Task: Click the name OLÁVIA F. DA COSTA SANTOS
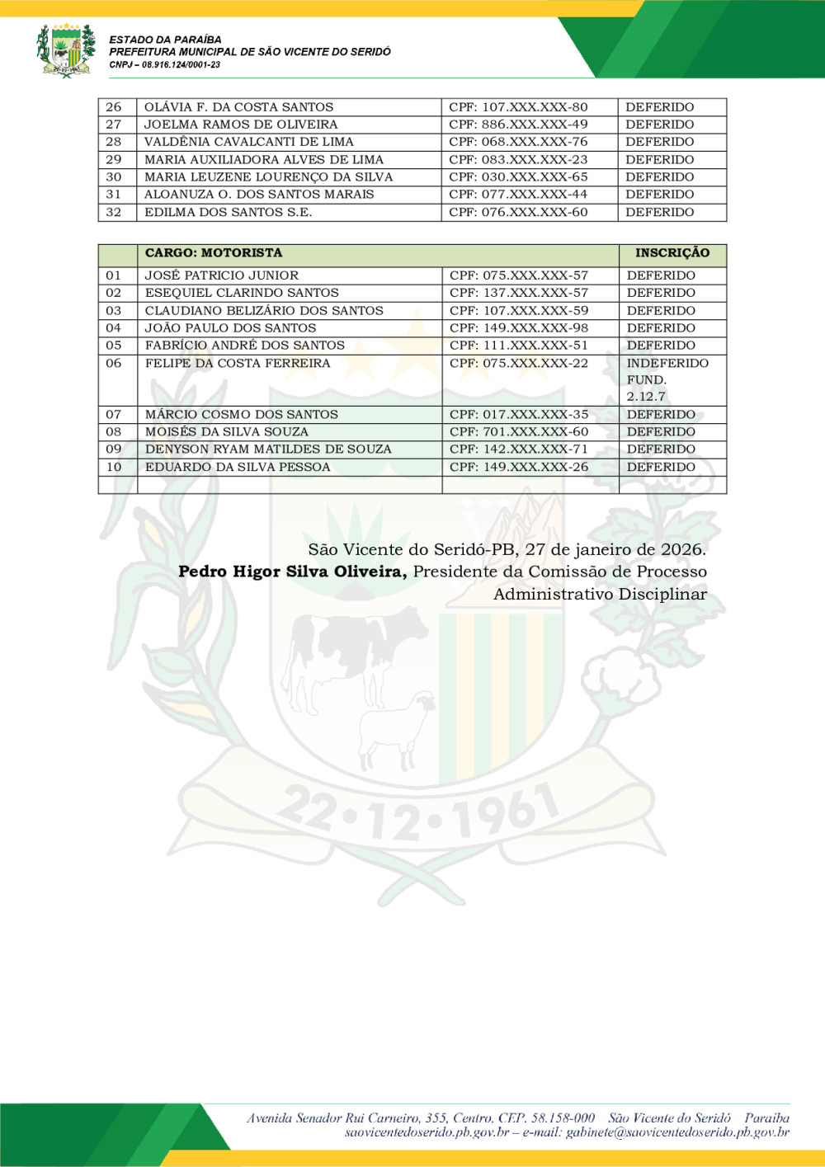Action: pyautogui.click(x=238, y=107)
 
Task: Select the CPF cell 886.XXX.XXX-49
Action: pyautogui.click(x=518, y=125)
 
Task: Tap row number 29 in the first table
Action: pyautogui.click(x=114, y=160)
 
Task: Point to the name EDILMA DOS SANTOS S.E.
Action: pyautogui.click(x=228, y=213)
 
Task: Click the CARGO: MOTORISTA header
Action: pyautogui.click(x=214, y=253)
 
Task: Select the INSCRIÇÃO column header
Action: pyautogui.click(x=672, y=253)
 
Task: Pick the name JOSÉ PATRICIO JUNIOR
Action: pyautogui.click(x=222, y=275)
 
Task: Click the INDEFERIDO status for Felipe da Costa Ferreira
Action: pyautogui.click(x=667, y=363)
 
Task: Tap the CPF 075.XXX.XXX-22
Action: pyautogui.click(x=519, y=363)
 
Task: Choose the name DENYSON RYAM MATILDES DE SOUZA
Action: pyautogui.click(x=268, y=449)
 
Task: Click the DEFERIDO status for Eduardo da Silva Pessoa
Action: pyautogui.click(x=661, y=467)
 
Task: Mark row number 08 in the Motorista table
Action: pyautogui.click(x=114, y=432)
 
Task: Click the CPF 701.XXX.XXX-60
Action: pyautogui.click(x=519, y=432)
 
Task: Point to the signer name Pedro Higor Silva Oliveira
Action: pyautogui.click(x=292, y=572)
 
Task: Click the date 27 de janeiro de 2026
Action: pyautogui.click(x=615, y=549)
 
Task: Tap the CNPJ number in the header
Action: pyautogui.click(x=164, y=64)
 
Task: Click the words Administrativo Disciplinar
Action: pyautogui.click(x=600, y=594)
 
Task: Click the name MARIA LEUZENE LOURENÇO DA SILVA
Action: pyautogui.click(x=268, y=177)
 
